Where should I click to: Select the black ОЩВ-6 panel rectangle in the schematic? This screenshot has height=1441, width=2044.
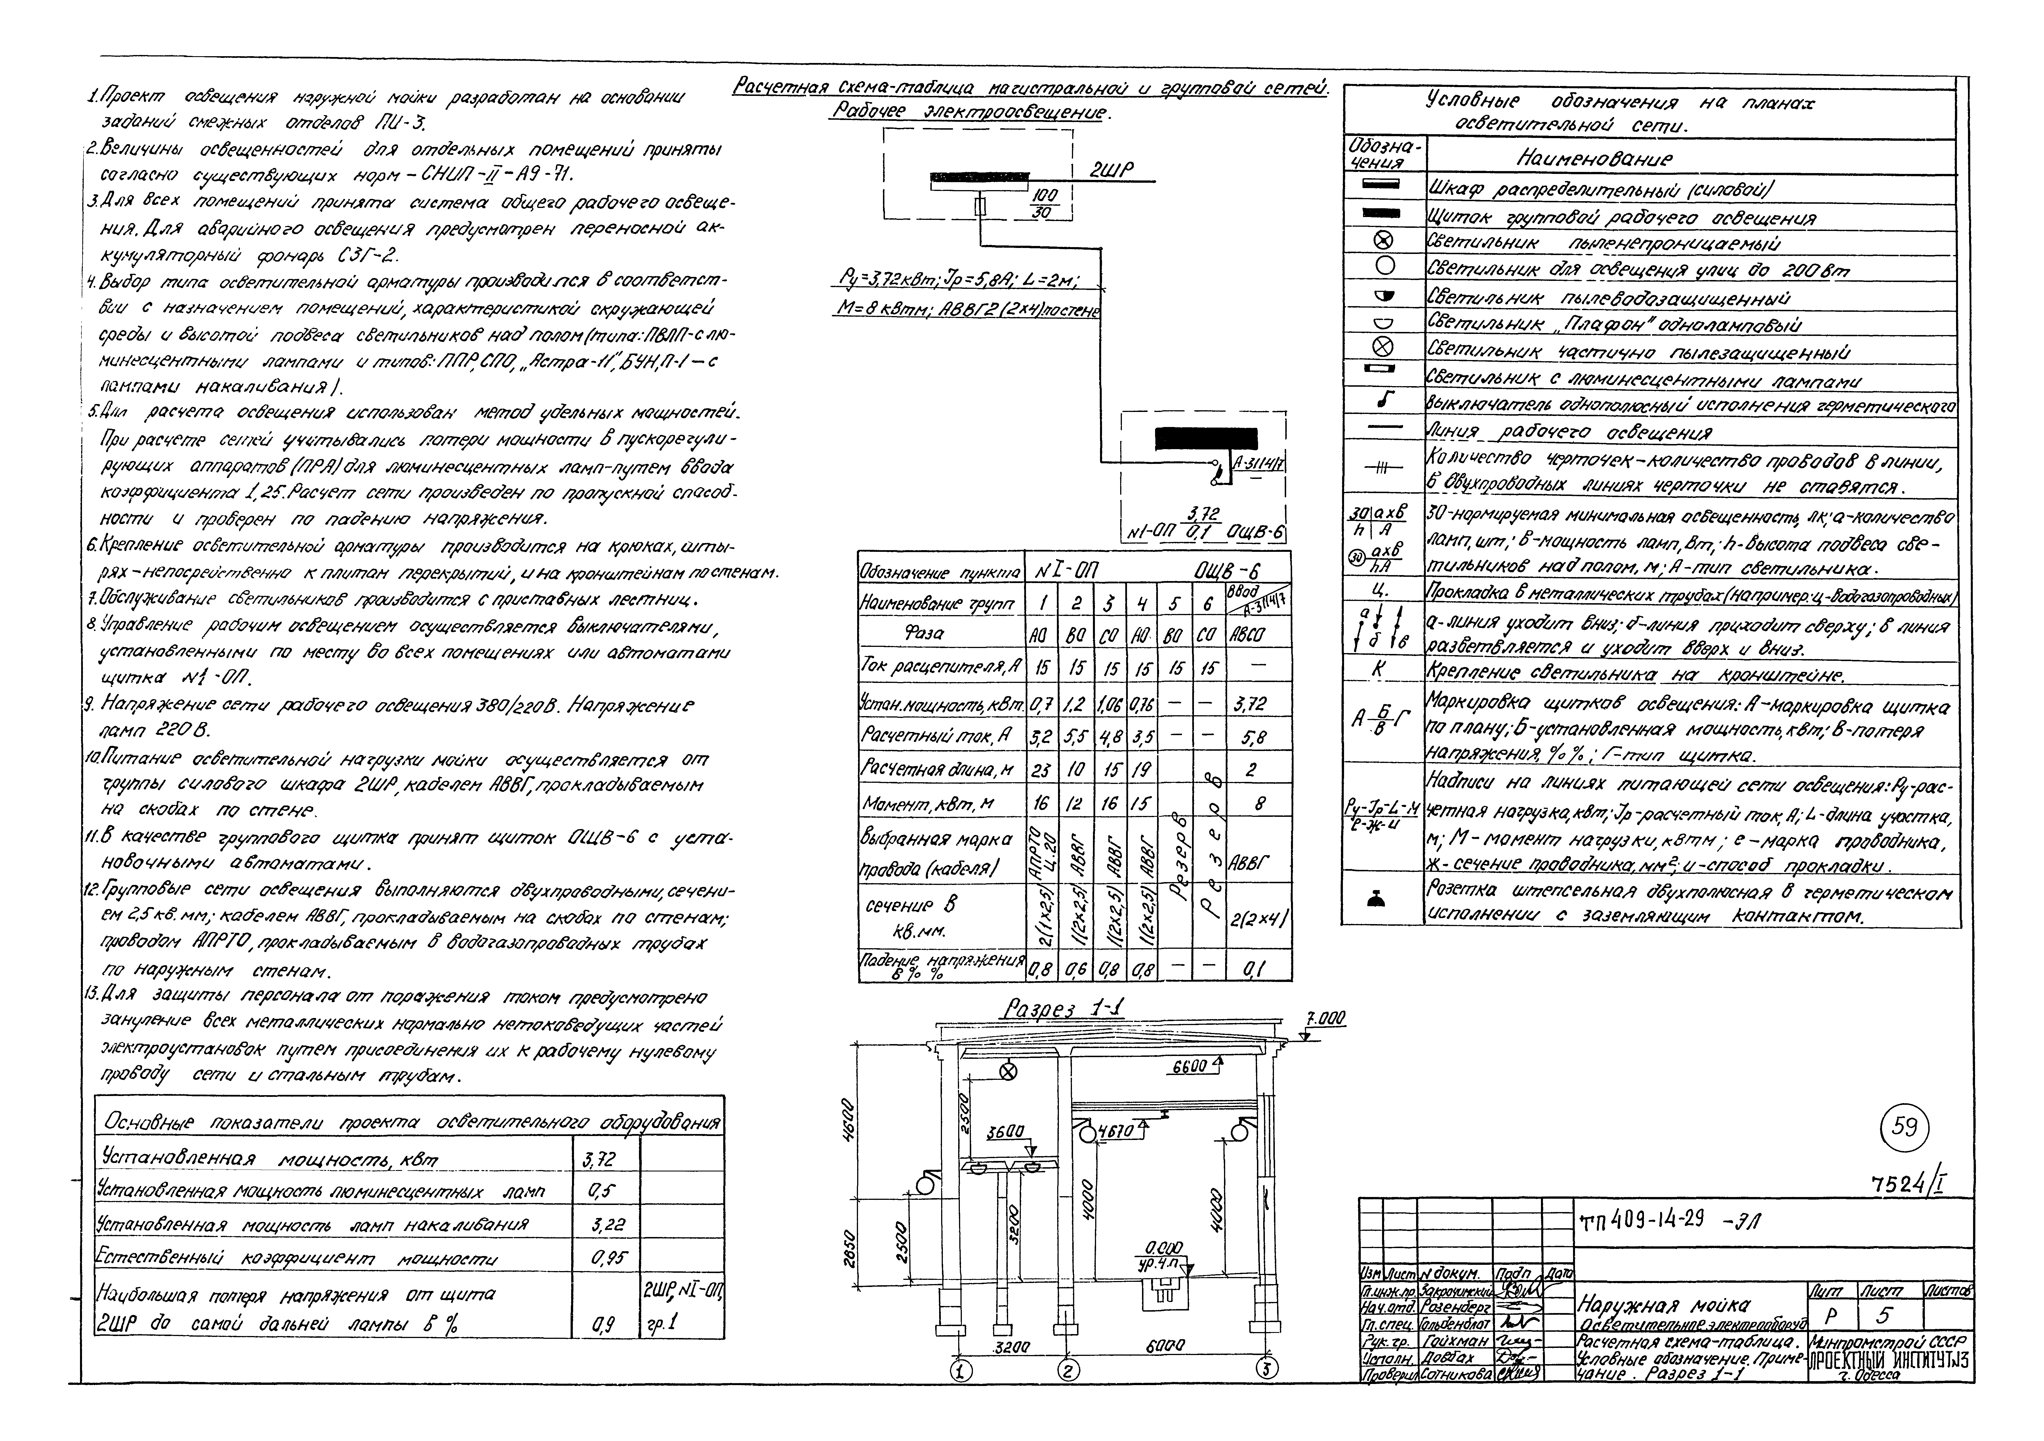tap(1206, 438)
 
